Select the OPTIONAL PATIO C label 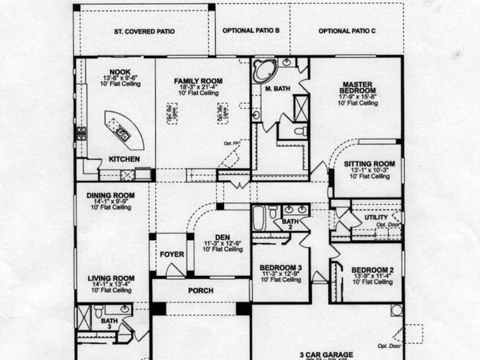tap(346, 31)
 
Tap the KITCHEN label tap(124, 159)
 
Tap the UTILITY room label tap(376, 217)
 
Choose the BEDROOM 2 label tap(374, 269)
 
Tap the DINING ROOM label tap(111, 195)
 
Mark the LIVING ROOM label tap(110, 278)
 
